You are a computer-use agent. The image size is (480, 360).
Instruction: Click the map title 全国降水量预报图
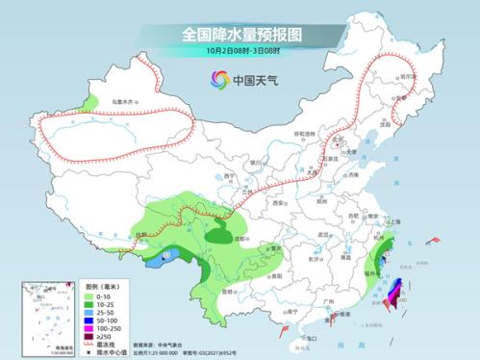[240, 34]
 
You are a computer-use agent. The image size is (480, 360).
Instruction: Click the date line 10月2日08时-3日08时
[240, 50]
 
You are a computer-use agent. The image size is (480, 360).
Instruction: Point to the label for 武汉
[324, 234]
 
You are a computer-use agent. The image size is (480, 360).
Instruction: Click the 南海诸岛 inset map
[45, 317]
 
